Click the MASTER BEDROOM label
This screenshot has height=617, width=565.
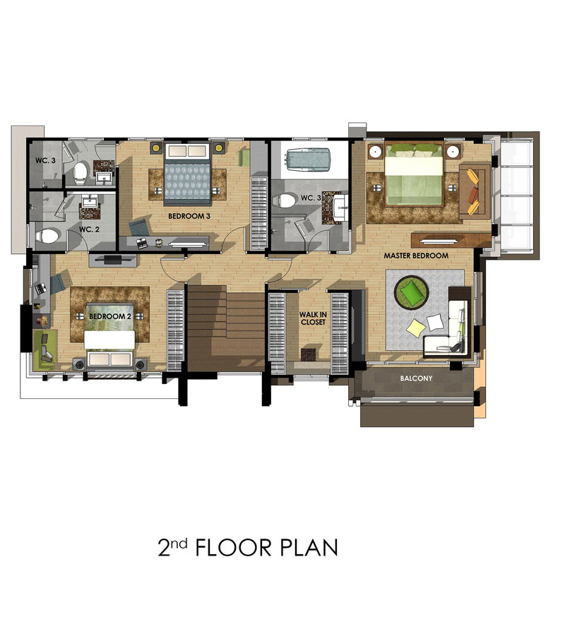[x=416, y=256]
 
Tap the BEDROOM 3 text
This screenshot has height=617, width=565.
[x=189, y=216]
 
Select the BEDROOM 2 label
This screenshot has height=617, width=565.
[x=110, y=316]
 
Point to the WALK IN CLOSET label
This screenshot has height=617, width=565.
[x=313, y=318]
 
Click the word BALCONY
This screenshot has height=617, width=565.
[x=416, y=378]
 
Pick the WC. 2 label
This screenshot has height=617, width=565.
[x=90, y=229]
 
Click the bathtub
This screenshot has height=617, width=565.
[x=309, y=160]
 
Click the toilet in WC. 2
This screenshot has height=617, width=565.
[x=47, y=236]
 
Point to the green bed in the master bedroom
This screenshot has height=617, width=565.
[x=413, y=175]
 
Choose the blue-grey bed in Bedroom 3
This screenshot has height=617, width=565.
[x=187, y=174]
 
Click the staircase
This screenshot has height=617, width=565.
[x=225, y=328]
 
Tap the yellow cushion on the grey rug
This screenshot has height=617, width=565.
[x=415, y=327]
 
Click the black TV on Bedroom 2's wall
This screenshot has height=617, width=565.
[x=113, y=259]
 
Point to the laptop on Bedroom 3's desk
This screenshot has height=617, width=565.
[x=141, y=243]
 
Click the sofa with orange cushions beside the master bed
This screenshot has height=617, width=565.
[x=475, y=191]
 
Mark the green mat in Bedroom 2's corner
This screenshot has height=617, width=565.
[x=45, y=349]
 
